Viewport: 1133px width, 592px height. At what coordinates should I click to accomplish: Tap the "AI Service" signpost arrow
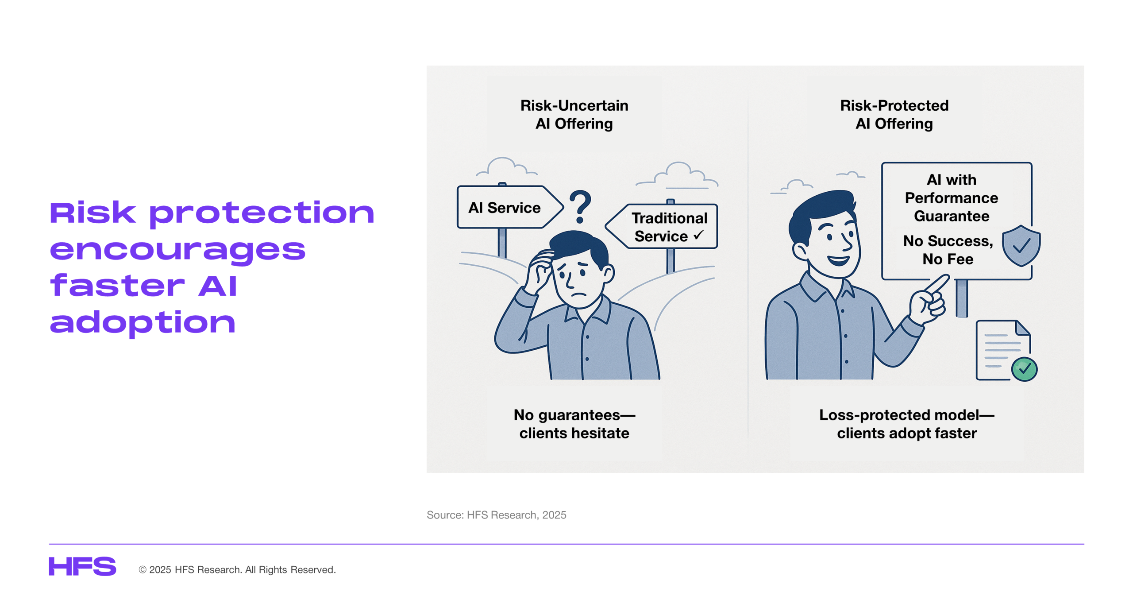(509, 207)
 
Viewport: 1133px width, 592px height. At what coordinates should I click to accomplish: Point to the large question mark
(580, 206)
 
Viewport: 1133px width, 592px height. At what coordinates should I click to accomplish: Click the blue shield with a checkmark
(1021, 245)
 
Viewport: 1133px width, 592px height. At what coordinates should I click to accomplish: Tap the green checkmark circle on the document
(1024, 368)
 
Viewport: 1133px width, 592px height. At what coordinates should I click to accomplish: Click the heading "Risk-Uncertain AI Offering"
(574, 114)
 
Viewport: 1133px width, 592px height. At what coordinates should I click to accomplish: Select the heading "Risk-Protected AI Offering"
(894, 114)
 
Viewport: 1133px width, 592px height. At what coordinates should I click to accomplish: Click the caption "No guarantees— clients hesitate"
(574, 424)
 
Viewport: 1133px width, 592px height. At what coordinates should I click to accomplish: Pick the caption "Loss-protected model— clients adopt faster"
(906, 424)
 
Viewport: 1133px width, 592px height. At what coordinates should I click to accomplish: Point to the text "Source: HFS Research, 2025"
(496, 515)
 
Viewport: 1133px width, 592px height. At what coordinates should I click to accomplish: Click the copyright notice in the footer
(237, 569)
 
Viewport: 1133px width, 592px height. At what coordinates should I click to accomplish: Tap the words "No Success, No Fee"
(948, 250)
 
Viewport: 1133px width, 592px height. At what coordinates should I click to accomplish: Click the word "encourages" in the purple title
(177, 249)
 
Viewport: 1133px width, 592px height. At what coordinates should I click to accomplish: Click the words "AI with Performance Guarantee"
(951, 197)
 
